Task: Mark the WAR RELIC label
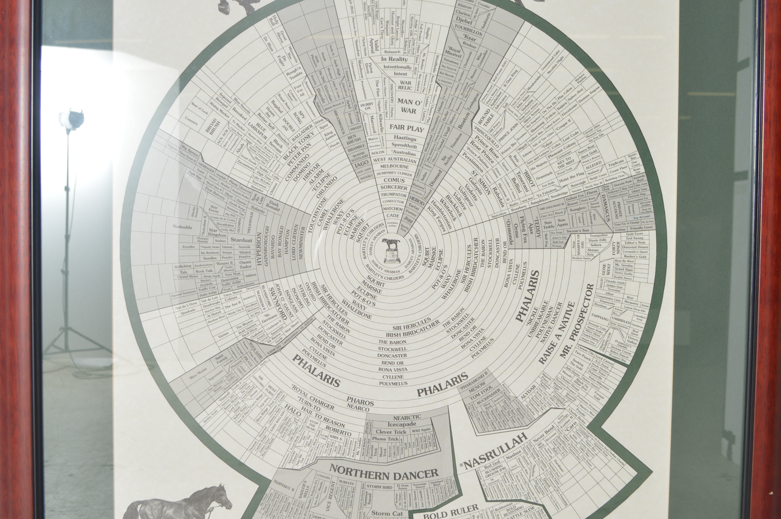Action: [x=405, y=85]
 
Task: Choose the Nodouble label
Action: [x=182, y=227]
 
